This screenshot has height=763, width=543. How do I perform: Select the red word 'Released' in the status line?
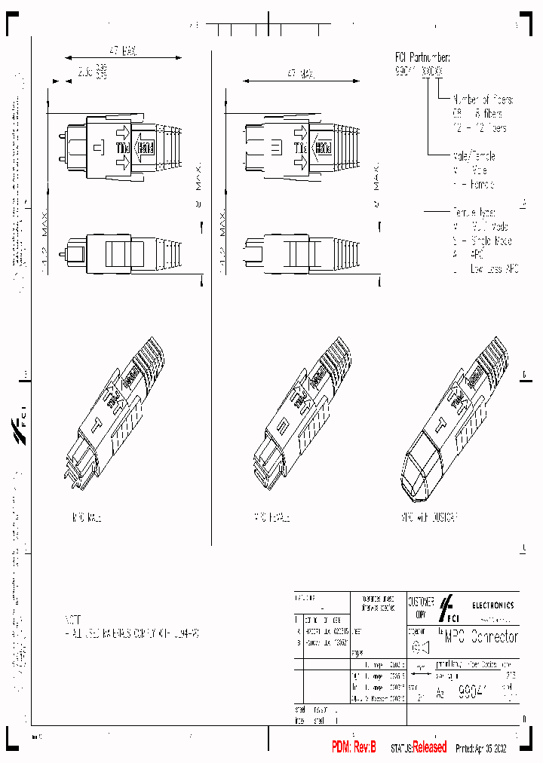pyautogui.click(x=429, y=747)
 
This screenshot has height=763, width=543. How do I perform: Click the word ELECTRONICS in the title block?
pyautogui.click(x=493, y=605)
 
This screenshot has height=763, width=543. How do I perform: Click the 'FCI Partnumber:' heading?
pyautogui.click(x=423, y=57)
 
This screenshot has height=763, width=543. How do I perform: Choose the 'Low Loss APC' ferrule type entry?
pyautogui.click(x=491, y=269)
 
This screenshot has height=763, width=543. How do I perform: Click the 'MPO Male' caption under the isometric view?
pyautogui.click(x=86, y=518)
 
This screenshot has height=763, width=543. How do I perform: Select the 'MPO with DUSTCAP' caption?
pyautogui.click(x=430, y=518)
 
